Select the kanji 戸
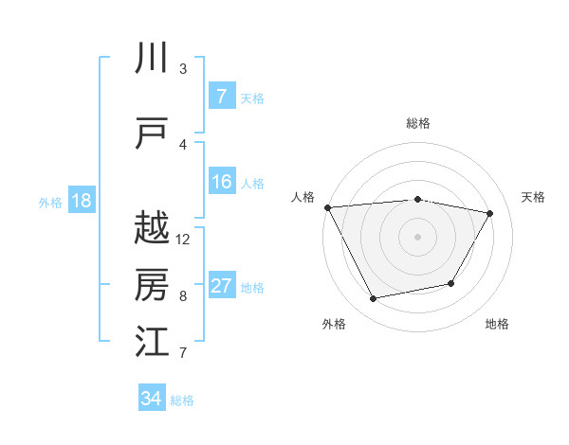[x=152, y=133]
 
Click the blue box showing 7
[x=221, y=97]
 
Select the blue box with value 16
[x=221, y=183]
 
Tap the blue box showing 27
[x=221, y=287]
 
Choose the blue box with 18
[x=81, y=201]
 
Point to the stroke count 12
[x=183, y=240]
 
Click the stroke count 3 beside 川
[x=183, y=69]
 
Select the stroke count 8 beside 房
[x=183, y=296]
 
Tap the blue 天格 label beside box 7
[x=252, y=98]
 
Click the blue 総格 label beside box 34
[x=182, y=400]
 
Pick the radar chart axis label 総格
[x=417, y=123]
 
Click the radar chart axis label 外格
[x=334, y=324]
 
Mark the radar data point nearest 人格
[x=327, y=207]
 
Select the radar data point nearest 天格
[x=489, y=213]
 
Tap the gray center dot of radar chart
[x=417, y=237]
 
